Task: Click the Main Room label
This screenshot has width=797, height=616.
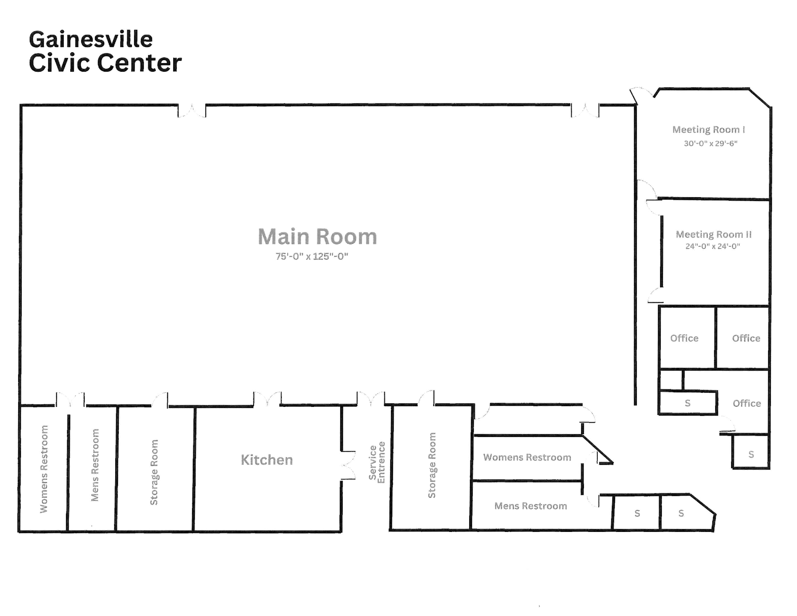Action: [x=317, y=237]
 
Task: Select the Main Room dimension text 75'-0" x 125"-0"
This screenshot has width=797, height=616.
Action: [x=312, y=256]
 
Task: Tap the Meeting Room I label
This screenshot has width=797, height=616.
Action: [x=709, y=130]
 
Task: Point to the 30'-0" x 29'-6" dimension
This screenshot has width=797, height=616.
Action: [x=710, y=143]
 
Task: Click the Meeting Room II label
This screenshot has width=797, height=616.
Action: [x=713, y=234]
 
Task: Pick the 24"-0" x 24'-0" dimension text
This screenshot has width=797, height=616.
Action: [x=712, y=246]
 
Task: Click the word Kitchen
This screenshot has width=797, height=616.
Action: [x=267, y=460]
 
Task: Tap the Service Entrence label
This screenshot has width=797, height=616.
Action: [x=377, y=462]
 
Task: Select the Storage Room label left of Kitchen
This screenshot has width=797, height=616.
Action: [x=154, y=472]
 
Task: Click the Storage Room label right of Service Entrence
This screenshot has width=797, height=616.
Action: [x=432, y=465]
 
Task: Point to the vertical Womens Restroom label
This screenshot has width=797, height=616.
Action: [x=44, y=469]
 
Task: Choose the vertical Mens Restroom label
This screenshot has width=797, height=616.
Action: [x=95, y=465]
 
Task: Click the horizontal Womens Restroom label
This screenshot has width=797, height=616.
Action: [x=527, y=457]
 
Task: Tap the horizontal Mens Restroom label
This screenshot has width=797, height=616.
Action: [x=531, y=506]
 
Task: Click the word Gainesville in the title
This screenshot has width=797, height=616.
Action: [x=91, y=39]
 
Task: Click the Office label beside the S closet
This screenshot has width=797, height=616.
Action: [x=747, y=403]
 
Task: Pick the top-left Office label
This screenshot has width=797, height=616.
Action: [x=684, y=338]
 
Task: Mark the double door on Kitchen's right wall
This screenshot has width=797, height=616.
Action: [x=348, y=465]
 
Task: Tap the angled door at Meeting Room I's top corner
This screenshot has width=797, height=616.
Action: [x=642, y=94]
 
